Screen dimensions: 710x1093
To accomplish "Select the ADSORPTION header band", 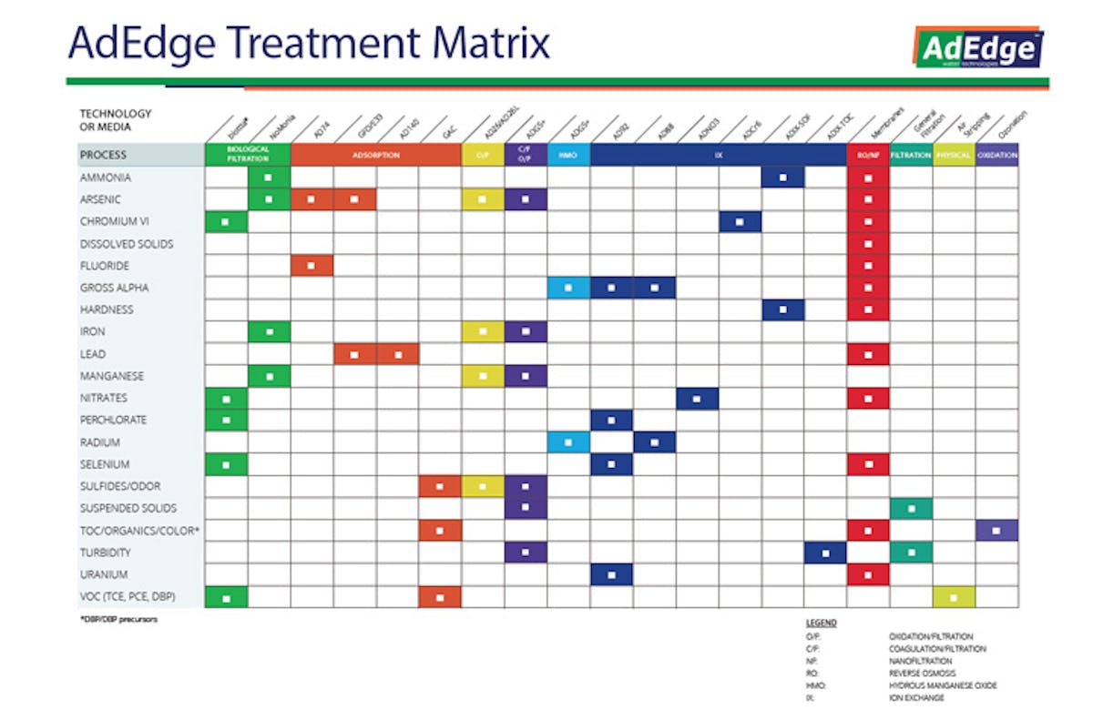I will click(375, 156).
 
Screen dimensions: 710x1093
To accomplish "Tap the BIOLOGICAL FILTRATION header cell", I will click(248, 156).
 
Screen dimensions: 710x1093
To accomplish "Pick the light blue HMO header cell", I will click(568, 156).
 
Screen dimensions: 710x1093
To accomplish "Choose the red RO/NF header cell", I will click(868, 156).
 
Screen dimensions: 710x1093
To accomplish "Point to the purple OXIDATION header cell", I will click(996, 156).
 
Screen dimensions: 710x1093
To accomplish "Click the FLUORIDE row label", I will click(106, 266).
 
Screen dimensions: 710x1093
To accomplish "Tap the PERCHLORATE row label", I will click(113, 420).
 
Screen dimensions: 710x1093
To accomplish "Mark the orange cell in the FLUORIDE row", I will click(312, 266).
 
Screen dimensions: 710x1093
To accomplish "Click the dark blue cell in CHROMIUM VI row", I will click(740, 222).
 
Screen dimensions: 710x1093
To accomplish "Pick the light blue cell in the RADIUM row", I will click(568, 442).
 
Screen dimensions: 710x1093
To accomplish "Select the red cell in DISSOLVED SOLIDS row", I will click(868, 244).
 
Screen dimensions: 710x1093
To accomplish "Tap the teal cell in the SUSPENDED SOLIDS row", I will click(911, 508).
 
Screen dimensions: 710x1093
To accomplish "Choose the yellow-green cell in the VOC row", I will click(954, 597).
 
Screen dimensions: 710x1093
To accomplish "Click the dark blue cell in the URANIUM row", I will click(611, 574).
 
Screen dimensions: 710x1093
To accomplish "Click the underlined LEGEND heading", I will click(821, 624).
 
